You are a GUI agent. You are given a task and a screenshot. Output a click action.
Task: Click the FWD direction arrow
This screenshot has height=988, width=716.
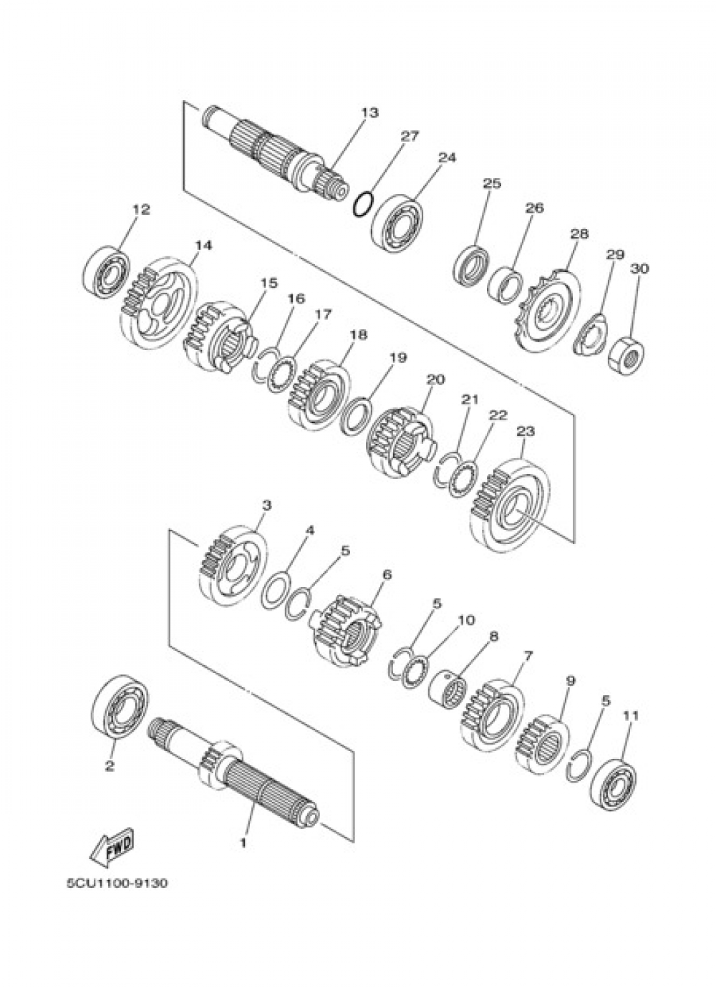(x=112, y=850)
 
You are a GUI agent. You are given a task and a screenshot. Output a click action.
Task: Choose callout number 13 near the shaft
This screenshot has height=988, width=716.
(x=369, y=112)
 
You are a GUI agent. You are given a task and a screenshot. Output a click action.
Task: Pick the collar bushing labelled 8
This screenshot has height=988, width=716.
(x=447, y=691)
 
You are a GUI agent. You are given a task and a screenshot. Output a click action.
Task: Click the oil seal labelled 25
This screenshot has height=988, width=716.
(x=470, y=266)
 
